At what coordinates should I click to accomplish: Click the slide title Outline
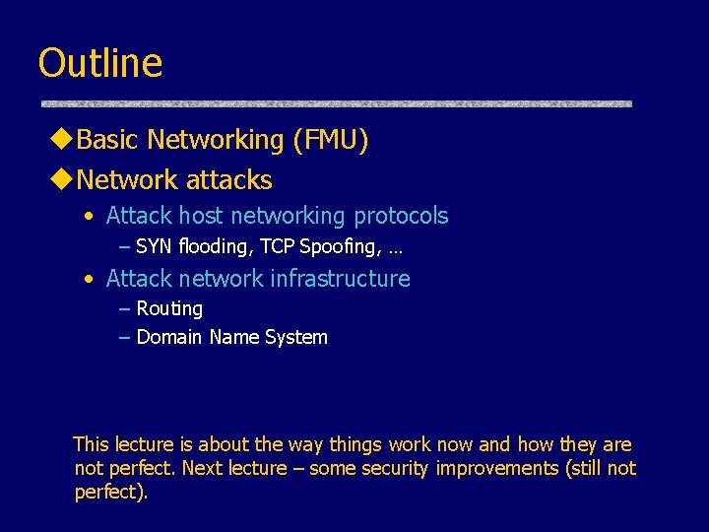pyautogui.click(x=99, y=63)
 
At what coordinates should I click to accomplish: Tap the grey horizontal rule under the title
pyautogui.click(x=335, y=103)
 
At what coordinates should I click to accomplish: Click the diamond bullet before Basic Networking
pyautogui.click(x=61, y=140)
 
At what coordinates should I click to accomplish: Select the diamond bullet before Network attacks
pyautogui.click(x=61, y=180)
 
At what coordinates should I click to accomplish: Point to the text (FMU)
pyautogui.click(x=330, y=141)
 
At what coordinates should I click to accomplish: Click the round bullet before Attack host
pyautogui.click(x=90, y=217)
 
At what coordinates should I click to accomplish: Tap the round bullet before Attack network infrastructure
pyautogui.click(x=90, y=280)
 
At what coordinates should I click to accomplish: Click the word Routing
pyautogui.click(x=169, y=309)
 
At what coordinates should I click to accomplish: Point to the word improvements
pyautogui.click(x=497, y=469)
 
